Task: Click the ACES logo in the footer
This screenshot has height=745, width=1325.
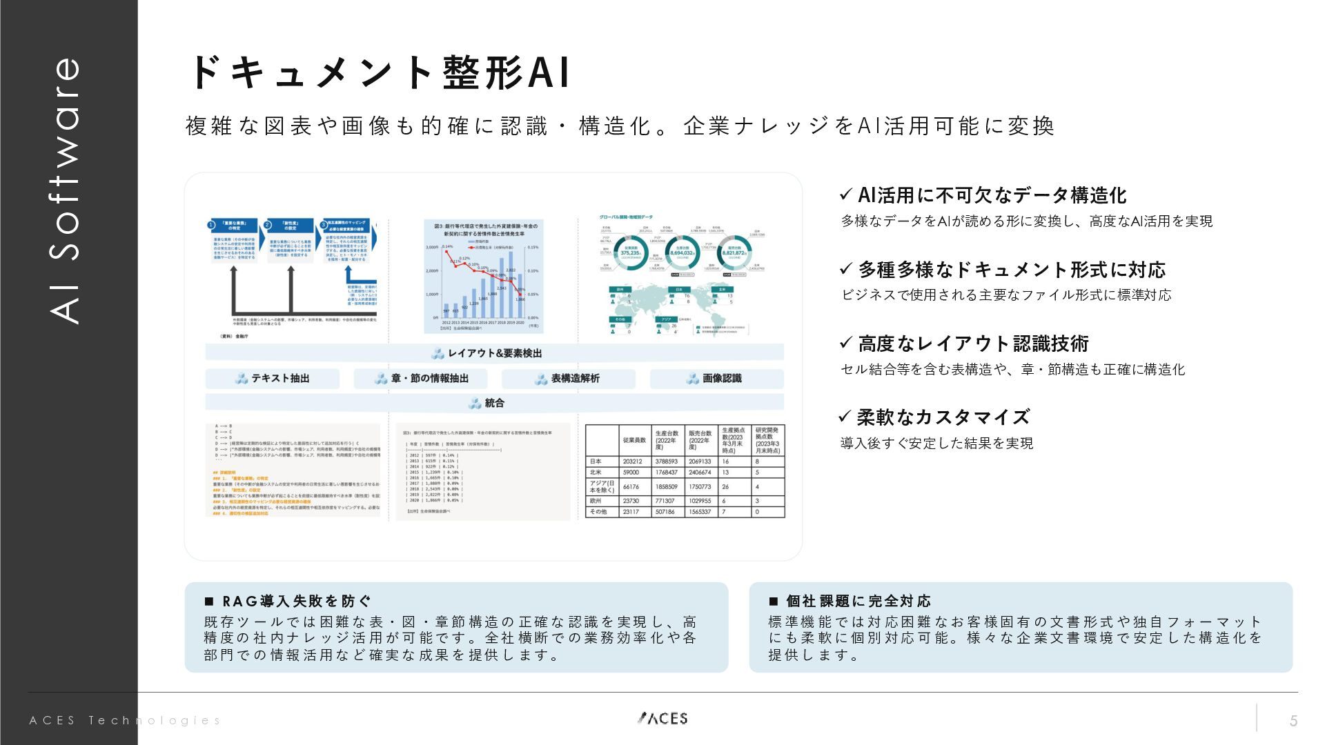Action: [662, 718]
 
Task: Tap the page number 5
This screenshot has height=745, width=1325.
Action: [1293, 721]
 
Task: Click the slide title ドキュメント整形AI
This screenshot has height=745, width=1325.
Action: [379, 72]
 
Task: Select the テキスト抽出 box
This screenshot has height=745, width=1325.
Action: [272, 379]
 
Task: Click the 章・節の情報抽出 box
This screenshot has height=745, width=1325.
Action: [421, 379]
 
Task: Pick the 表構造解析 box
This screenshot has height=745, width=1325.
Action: [568, 379]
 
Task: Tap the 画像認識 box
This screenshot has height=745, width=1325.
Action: [716, 379]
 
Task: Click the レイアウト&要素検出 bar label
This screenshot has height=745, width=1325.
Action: [494, 353]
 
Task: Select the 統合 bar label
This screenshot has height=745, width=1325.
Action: [494, 403]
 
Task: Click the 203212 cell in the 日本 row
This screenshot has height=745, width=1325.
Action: [632, 461]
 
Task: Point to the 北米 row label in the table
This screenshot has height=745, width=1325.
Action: [596, 473]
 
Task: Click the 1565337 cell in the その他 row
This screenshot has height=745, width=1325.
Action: [700, 512]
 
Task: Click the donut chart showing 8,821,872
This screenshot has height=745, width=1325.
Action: [734, 253]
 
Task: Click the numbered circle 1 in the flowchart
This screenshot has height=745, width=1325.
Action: [212, 225]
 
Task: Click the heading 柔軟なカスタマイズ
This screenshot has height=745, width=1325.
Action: [943, 417]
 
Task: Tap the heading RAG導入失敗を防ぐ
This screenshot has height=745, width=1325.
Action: [297, 602]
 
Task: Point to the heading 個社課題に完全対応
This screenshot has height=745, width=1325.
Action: [858, 602]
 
